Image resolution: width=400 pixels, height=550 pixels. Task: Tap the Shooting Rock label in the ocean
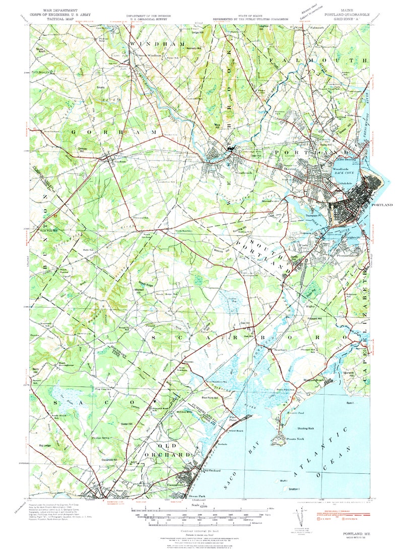(305, 428)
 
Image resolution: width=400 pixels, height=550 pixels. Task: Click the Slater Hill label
(126, 423)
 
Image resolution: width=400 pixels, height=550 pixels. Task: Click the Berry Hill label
(35, 370)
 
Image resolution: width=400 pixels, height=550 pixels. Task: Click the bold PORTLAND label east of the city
(381, 205)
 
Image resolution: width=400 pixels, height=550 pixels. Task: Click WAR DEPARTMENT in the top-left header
(60, 10)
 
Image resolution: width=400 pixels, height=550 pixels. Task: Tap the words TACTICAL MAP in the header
(60, 19)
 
